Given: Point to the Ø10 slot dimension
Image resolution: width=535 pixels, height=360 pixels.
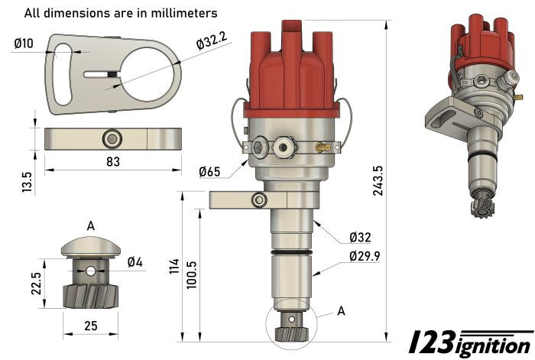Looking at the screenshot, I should (24, 44).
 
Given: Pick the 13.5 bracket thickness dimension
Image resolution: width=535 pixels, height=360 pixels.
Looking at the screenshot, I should (27, 182).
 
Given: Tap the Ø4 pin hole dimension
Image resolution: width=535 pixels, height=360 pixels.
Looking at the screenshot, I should (135, 262).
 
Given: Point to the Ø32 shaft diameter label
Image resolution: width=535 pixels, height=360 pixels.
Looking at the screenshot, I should (361, 236).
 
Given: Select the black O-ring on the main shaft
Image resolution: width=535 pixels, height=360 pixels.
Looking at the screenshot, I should (291, 250).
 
